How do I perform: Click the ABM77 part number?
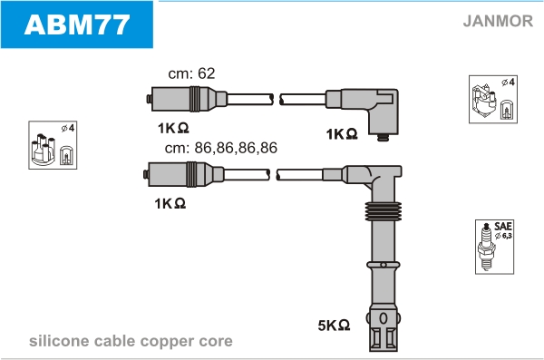pyautogui.click(x=77, y=24)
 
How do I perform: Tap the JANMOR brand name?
pyautogui.click(x=498, y=21)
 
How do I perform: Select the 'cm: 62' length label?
pyautogui.click(x=191, y=73)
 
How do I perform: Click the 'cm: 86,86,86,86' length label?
pyautogui.click(x=221, y=148)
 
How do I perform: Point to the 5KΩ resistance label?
pyautogui.click(x=334, y=326)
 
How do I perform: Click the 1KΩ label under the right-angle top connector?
pyautogui.click(x=342, y=134)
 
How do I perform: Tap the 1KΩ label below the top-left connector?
pyautogui.click(x=173, y=128)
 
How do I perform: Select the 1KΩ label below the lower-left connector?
pyautogui.click(x=170, y=203)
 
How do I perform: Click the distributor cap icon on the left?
pyautogui.click(x=44, y=149)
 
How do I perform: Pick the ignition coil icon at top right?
pyautogui.click(x=484, y=101)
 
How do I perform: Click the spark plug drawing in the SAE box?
pyautogui.click(x=486, y=247)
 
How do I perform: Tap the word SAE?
pyautogui.click(x=502, y=227)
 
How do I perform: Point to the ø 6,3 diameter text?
pyautogui.click(x=503, y=236)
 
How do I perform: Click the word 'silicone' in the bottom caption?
pyautogui.click(x=59, y=341)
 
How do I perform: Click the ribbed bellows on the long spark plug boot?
pyautogui.click(x=383, y=211)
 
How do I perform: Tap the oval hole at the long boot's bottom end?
pyautogui.click(x=384, y=318)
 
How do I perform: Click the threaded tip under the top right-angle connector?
pyautogui.click(x=383, y=138)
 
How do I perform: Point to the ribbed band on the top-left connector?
pyautogui.click(x=195, y=99)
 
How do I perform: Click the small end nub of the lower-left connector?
pyautogui.click(x=145, y=174)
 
